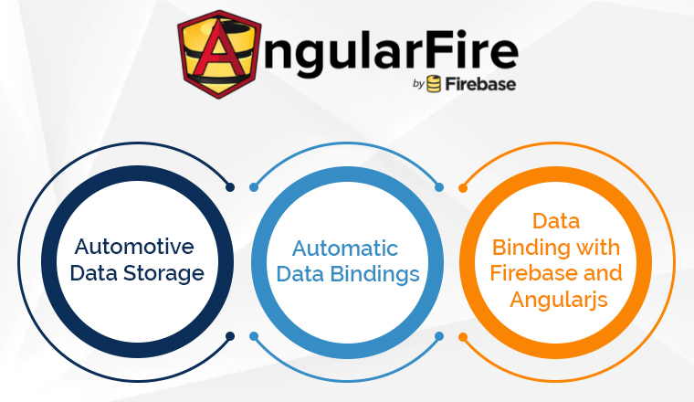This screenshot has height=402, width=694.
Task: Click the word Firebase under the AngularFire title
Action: [480, 84]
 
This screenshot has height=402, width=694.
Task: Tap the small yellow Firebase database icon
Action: [434, 84]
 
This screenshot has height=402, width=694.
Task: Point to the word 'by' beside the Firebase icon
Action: [418, 84]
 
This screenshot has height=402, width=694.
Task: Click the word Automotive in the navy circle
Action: [134, 247]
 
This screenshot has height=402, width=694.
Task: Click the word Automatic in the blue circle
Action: [345, 249]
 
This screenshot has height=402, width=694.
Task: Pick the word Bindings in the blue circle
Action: [375, 274]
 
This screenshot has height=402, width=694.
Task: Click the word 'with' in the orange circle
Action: [601, 247]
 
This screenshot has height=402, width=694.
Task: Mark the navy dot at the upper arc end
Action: [230, 187]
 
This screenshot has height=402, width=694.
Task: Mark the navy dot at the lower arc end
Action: [230, 336]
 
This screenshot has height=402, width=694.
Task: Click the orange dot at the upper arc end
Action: [463, 188]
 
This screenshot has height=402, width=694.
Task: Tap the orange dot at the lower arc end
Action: [463, 337]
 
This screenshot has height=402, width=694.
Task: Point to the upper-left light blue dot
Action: [254, 187]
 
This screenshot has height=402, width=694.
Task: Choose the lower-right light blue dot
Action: [439, 336]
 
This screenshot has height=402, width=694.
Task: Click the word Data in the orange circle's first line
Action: [556, 221]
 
